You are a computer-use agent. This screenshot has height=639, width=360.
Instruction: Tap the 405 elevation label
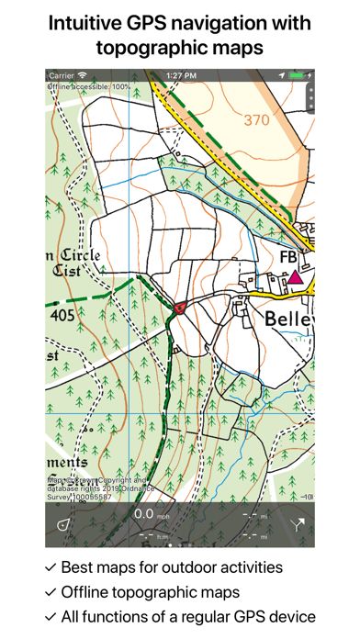62,316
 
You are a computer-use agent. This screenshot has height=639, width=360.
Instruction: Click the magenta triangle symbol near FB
295,276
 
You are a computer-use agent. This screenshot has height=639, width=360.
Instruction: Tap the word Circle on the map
81,254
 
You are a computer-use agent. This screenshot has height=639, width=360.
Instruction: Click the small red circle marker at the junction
181,308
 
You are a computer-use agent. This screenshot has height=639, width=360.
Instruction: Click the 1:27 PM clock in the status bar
179,73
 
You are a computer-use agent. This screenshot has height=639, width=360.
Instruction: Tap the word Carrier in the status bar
61,73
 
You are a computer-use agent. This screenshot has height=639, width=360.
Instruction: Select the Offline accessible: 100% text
88,85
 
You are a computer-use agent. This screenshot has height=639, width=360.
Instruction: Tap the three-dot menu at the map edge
310,96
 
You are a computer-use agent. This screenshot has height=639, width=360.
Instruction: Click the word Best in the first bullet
78,567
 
